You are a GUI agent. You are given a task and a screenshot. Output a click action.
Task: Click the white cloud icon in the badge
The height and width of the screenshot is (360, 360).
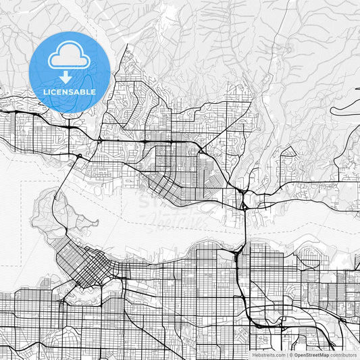70,57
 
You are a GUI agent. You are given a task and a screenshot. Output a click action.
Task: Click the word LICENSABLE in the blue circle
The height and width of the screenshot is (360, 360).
70,92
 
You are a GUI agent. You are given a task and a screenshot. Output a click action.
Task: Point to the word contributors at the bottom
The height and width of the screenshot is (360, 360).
344,355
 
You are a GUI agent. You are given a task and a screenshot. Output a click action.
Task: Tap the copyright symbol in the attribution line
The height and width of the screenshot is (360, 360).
290,355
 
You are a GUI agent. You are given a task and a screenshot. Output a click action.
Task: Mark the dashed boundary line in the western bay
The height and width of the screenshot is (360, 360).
24,223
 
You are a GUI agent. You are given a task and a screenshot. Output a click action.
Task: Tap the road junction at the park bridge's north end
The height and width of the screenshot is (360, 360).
79,157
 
